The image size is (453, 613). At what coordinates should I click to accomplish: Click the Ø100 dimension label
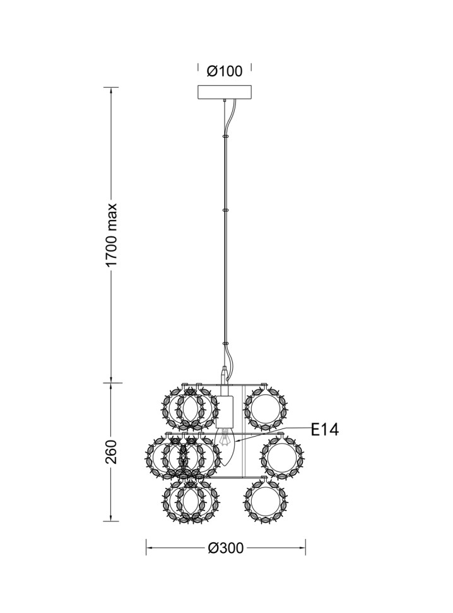(225, 71)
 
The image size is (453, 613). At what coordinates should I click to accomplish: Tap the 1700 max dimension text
(112, 235)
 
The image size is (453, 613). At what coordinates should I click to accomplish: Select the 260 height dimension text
(112, 452)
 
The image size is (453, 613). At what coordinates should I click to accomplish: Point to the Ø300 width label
(225, 548)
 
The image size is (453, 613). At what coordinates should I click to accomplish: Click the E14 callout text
(325, 429)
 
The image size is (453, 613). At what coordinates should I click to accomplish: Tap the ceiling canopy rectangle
(225, 93)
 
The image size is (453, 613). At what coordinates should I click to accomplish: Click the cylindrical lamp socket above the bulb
(224, 411)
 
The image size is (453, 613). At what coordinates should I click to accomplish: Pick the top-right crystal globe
(266, 408)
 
